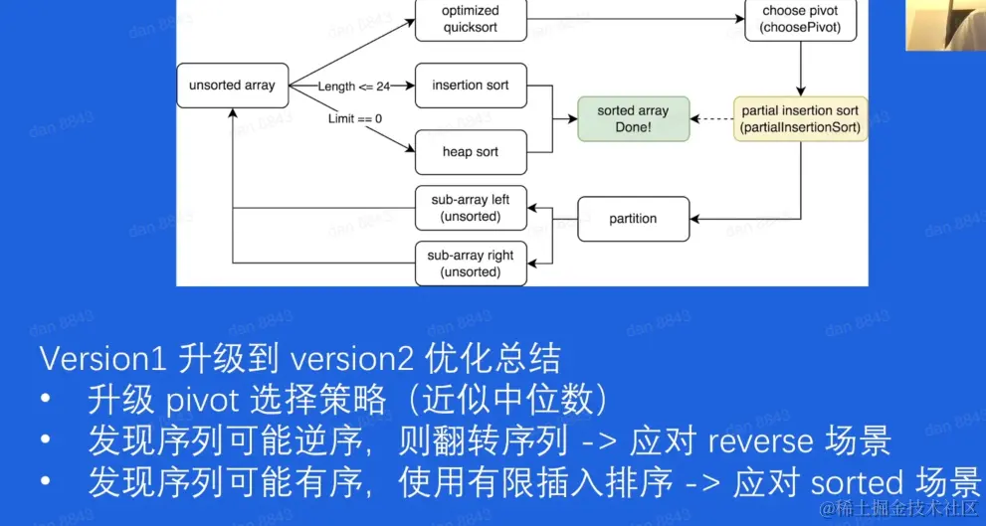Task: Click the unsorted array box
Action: coord(232,86)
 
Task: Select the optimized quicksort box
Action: coord(470,19)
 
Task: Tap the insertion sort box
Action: coord(470,86)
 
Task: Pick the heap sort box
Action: coord(470,152)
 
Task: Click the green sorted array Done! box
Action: coord(633,119)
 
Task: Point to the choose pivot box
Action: coord(800,19)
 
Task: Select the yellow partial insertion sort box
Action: coord(800,119)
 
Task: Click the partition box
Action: coord(633,219)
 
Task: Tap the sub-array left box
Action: coord(470,208)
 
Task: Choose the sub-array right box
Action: coord(470,263)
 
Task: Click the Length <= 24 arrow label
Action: coord(353,87)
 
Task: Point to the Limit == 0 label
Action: coord(355,118)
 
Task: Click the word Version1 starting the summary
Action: coord(104,358)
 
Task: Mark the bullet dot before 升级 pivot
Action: coord(46,401)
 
